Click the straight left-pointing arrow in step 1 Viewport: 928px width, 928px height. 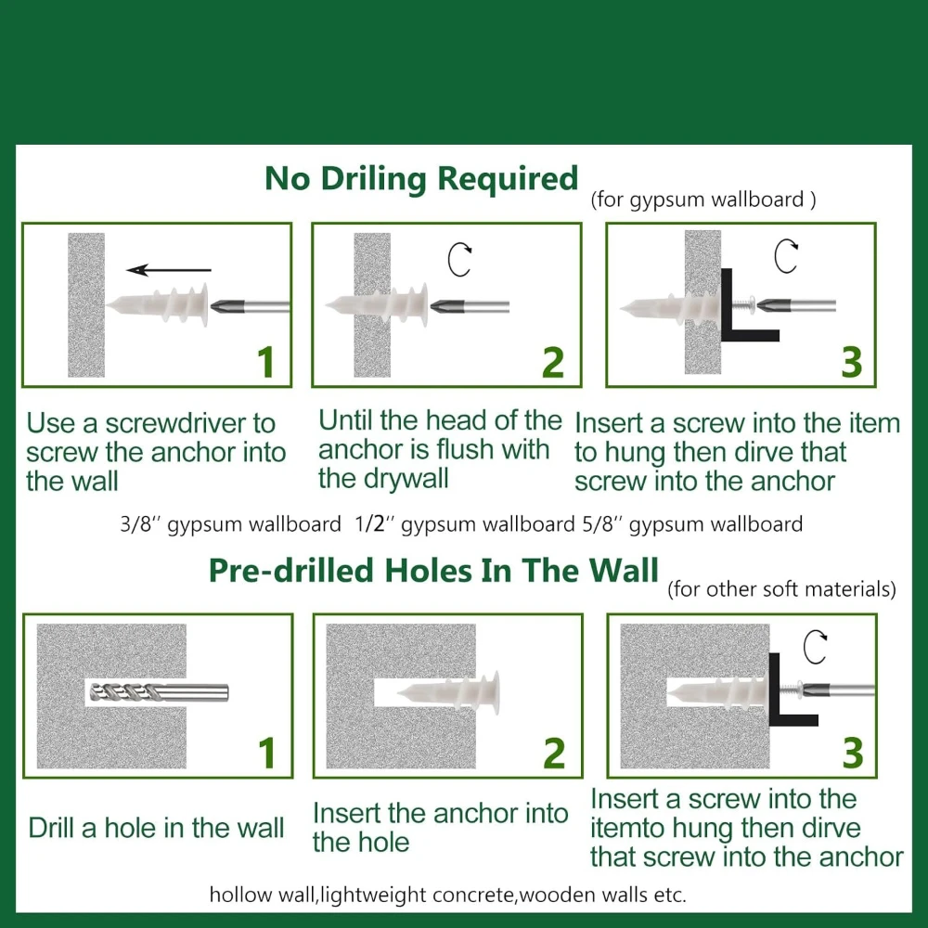pos(169,270)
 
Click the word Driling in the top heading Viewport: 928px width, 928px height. pos(373,179)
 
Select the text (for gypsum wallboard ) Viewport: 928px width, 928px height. pos(703,200)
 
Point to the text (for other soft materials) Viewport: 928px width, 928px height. pos(781,589)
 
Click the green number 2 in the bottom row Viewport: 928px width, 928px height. pos(555,753)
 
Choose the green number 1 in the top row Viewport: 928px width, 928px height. pos(266,362)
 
